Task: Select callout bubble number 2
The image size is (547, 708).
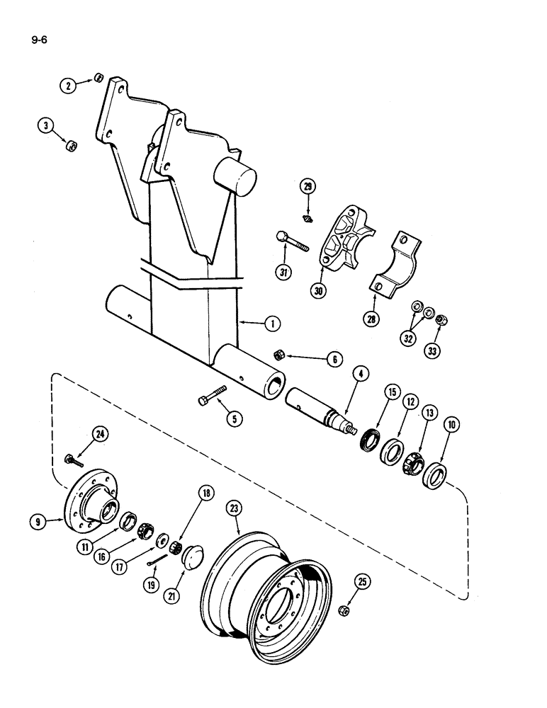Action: (68, 86)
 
